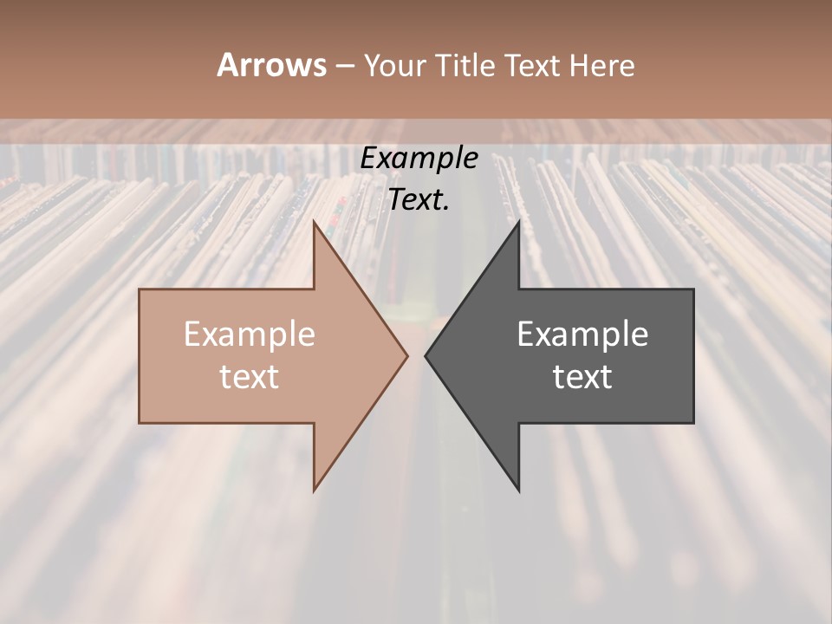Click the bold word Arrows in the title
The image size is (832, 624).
(x=271, y=65)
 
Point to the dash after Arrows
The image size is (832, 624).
(x=344, y=66)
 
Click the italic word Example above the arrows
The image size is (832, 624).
(x=419, y=158)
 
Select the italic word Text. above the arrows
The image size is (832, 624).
(x=419, y=199)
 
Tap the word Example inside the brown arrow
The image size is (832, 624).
(x=250, y=334)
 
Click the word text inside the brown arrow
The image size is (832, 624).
(x=250, y=377)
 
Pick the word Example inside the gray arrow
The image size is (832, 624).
(x=582, y=334)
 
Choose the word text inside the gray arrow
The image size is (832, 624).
(x=582, y=377)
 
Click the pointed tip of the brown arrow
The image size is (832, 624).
(x=407, y=355)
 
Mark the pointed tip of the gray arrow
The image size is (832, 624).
(x=425, y=355)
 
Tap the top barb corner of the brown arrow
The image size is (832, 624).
(x=315, y=222)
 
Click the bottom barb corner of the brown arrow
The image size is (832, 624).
(x=315, y=491)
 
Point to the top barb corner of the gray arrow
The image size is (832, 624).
(x=518, y=222)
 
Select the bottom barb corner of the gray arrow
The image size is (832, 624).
(x=518, y=491)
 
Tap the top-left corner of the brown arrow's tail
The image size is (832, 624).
(x=140, y=289)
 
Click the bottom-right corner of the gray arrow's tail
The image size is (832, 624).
(x=693, y=423)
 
